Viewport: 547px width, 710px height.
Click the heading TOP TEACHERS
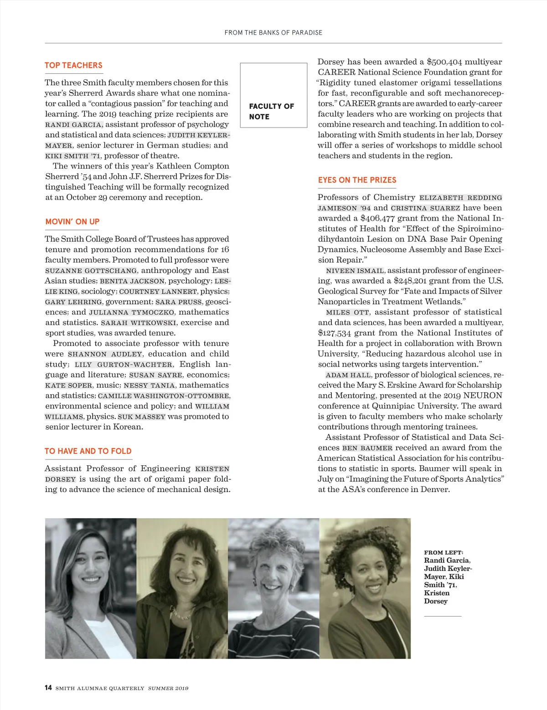point(73,65)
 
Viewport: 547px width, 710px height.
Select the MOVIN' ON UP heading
point(72,221)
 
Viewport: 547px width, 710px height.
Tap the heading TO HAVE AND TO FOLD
point(88,451)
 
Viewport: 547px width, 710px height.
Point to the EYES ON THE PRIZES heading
point(357,180)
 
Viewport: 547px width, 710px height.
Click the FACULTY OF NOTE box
point(273,95)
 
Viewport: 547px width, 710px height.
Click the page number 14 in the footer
point(48,688)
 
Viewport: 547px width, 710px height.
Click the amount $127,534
point(335,333)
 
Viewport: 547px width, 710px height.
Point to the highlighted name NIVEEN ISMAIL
point(355,271)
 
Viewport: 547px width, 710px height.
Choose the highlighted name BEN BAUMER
point(367,448)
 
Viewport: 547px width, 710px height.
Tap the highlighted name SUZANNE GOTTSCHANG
point(91,271)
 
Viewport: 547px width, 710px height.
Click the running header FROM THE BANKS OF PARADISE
point(273,33)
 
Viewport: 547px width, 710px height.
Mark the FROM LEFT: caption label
point(443,552)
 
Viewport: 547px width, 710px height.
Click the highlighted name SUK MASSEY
point(141,417)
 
